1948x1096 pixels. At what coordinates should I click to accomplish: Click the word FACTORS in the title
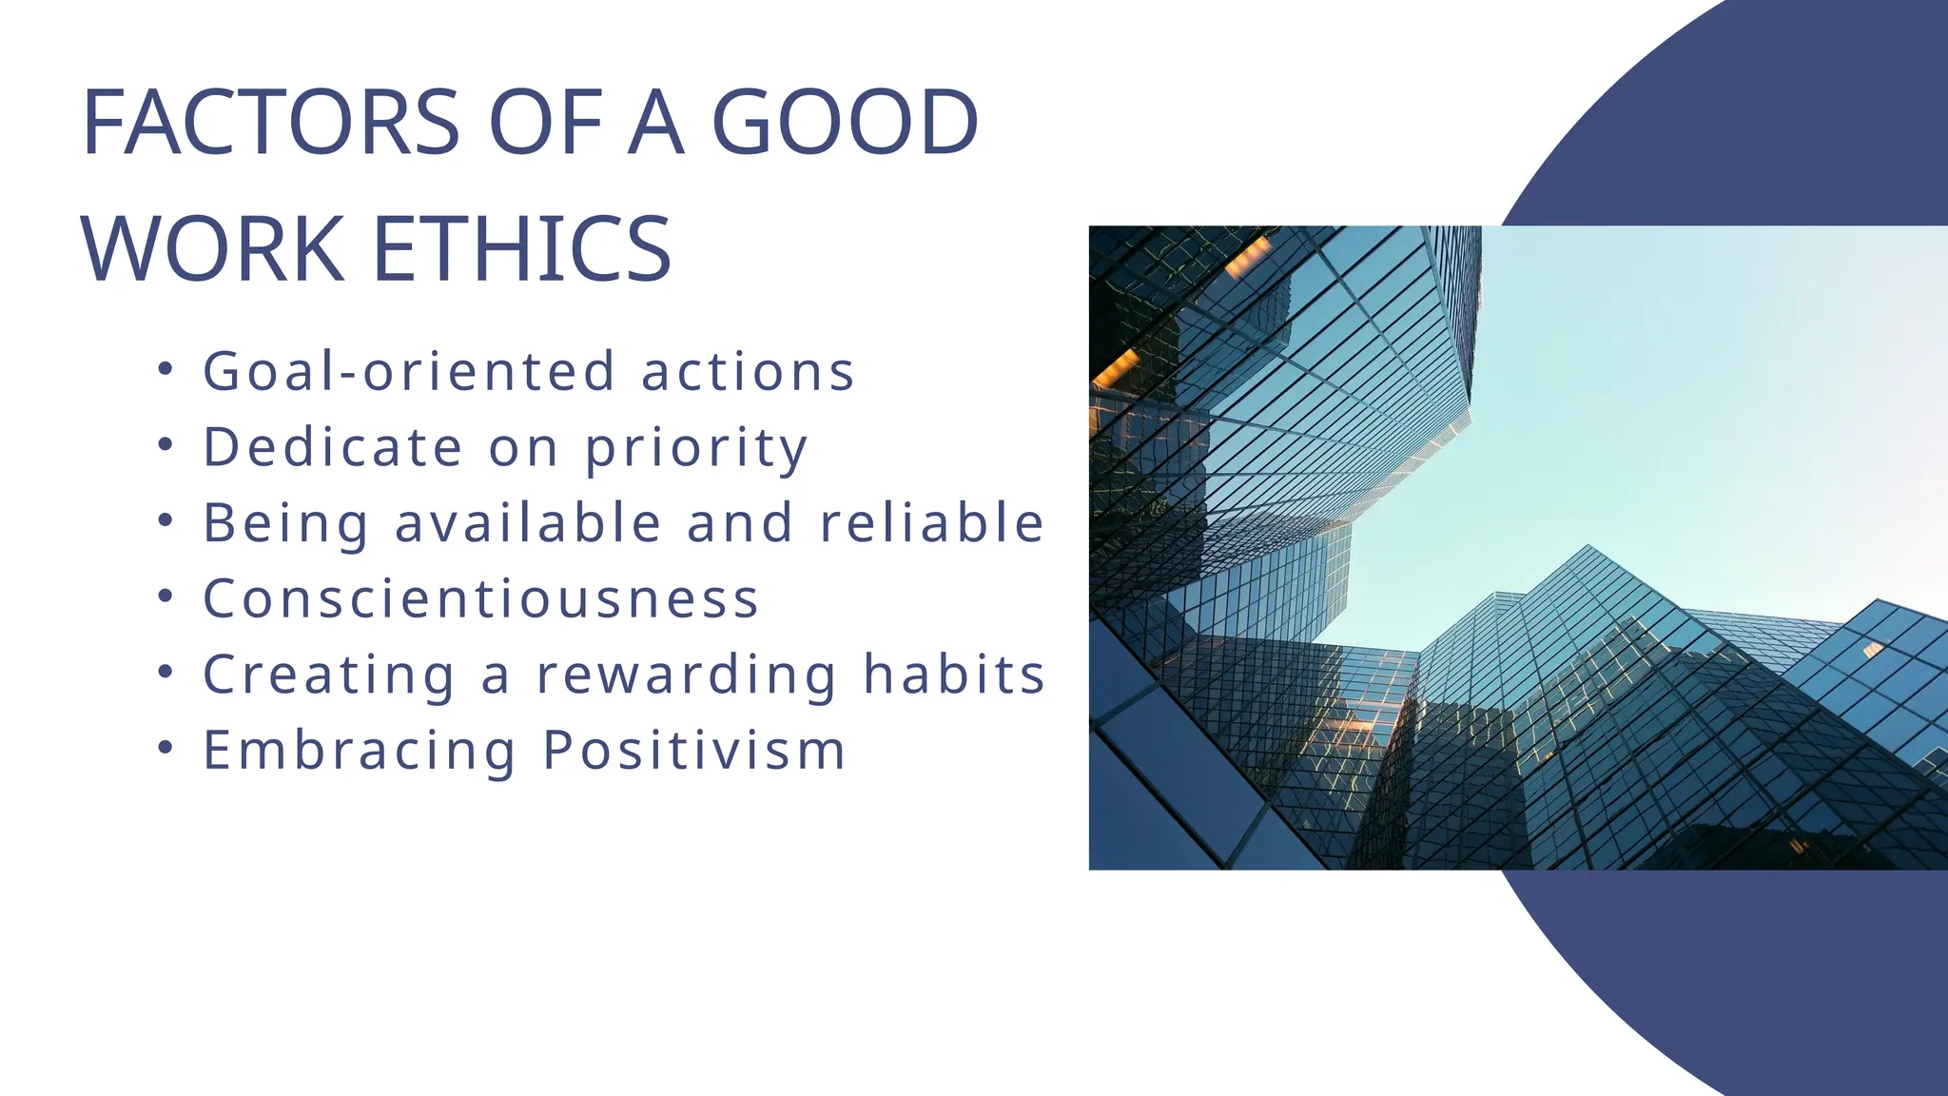coord(272,123)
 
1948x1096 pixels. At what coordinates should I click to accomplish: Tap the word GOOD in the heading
coord(845,123)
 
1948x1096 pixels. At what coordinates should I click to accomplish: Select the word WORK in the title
coord(213,249)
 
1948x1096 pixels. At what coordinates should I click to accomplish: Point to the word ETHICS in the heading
coord(522,249)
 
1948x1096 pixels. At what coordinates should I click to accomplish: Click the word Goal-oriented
coord(410,371)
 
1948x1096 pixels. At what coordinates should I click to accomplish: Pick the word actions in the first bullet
coord(749,371)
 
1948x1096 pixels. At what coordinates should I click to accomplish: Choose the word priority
coord(696,449)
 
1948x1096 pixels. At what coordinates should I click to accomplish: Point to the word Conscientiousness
coord(481,598)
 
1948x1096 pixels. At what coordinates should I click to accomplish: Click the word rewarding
coord(687,675)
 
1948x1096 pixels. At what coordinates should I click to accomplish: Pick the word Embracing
coord(360,752)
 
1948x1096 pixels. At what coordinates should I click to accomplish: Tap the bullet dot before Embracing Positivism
coord(166,748)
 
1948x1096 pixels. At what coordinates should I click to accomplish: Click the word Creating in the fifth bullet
coord(329,675)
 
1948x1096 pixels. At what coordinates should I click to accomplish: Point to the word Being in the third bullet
coord(285,524)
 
